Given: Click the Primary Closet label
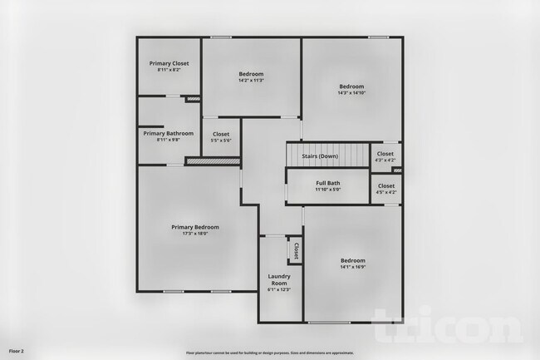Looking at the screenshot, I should [x=169, y=63].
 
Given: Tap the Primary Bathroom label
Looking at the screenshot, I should [x=169, y=133].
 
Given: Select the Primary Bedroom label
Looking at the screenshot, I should [x=195, y=227].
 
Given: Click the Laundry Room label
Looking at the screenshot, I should [x=278, y=279].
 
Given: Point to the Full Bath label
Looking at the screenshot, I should [x=328, y=183].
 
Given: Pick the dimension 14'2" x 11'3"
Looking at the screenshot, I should [x=251, y=81].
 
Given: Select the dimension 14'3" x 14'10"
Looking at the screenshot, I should [x=351, y=92].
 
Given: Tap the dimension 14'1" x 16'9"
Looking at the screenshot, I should [x=352, y=267].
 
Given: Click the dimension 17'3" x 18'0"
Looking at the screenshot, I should [x=195, y=234].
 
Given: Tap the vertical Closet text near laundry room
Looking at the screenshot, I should [x=296, y=250].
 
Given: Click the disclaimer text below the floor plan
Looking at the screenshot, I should [x=270, y=352].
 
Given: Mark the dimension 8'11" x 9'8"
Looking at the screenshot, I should [x=169, y=140].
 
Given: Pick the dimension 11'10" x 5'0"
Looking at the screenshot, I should [x=328, y=190].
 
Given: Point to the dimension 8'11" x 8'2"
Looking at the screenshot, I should [x=169, y=70].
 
